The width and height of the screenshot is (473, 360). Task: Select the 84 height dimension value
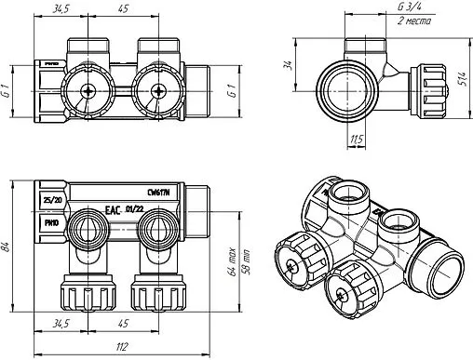[x=8, y=246]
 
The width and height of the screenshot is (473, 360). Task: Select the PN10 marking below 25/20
[x=50, y=223]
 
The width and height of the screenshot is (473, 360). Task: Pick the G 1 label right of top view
[x=231, y=92]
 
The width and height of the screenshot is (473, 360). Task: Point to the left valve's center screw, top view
[x=87, y=91]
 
